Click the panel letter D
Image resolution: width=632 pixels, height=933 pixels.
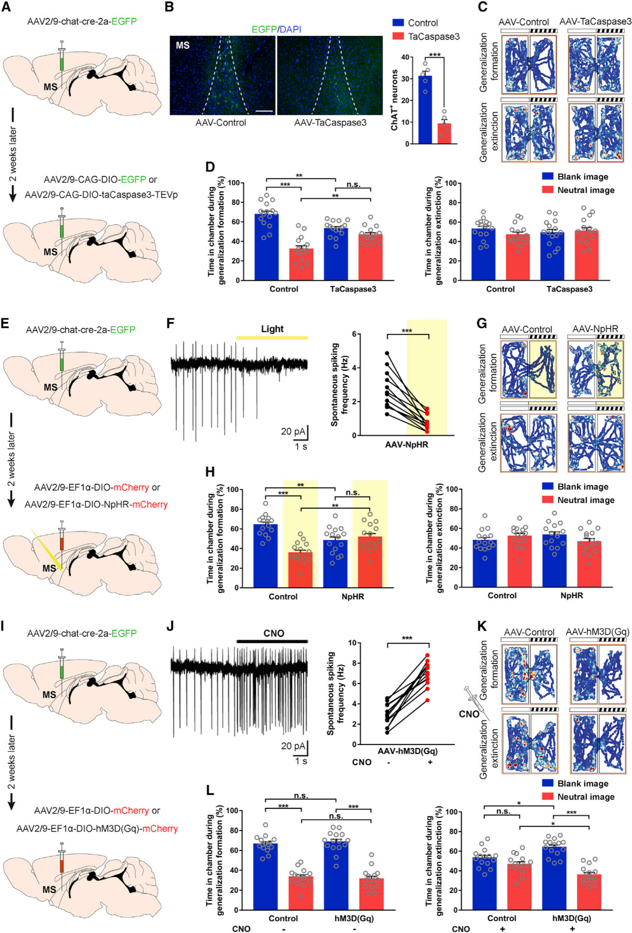tap(210, 167)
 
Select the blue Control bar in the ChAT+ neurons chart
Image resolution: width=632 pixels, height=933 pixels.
tap(425, 110)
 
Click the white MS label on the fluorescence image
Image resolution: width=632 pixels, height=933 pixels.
tap(183, 45)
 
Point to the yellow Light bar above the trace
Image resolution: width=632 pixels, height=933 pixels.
tap(272, 338)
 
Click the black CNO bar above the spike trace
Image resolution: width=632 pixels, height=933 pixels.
tap(272, 641)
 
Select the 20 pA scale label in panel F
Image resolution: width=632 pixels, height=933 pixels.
tap(293, 431)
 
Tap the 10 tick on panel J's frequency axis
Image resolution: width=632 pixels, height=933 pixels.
tap(352, 643)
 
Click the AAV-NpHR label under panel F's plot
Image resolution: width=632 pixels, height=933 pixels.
tap(406, 445)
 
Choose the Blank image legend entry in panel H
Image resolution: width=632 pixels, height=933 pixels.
tap(582, 486)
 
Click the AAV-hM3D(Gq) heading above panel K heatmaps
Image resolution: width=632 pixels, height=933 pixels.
tap(597, 632)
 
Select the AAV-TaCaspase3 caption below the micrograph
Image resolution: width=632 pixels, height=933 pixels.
tap(330, 123)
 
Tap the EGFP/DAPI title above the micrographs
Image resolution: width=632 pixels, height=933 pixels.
tap(276, 29)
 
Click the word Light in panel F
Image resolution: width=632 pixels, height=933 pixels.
tap(272, 329)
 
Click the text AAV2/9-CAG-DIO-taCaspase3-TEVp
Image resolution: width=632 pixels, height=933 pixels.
tap(101, 195)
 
